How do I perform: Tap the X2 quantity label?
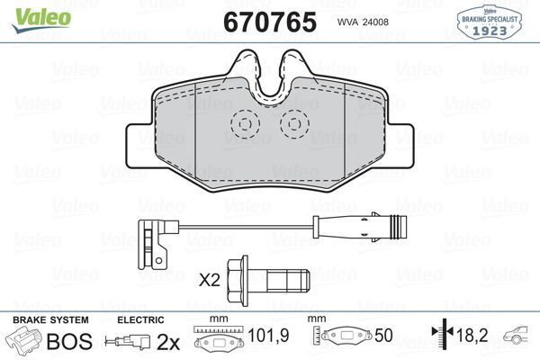[210, 280]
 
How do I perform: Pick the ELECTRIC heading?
[140, 320]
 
